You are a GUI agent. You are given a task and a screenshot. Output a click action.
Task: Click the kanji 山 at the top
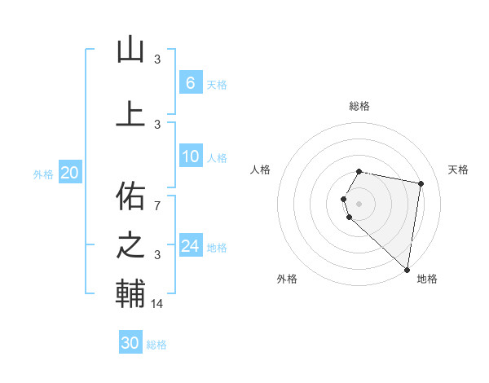pyautogui.click(x=130, y=51)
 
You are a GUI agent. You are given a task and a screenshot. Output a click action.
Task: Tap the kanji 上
pyautogui.click(x=130, y=113)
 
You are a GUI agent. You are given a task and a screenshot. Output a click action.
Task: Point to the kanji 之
pyautogui.click(x=130, y=246)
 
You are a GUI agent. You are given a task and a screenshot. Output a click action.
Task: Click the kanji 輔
pyautogui.click(x=130, y=295)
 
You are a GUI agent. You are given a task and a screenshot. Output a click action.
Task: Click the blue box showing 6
pyautogui.click(x=190, y=82)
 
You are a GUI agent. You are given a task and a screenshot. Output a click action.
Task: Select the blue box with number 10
pyautogui.click(x=190, y=156)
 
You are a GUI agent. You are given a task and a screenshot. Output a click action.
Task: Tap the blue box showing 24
pyautogui.click(x=190, y=246)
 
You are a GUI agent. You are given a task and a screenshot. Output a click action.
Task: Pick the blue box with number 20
pyautogui.click(x=69, y=172)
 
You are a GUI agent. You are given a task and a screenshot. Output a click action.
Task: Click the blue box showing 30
pyautogui.click(x=130, y=343)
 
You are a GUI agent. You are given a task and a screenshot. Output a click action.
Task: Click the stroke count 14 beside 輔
pyautogui.click(x=159, y=304)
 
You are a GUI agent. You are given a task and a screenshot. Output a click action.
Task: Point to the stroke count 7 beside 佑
pyautogui.click(x=157, y=205)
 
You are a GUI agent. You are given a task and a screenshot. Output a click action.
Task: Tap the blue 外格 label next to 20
pyautogui.click(x=43, y=174)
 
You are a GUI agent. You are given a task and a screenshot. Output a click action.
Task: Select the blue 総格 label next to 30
pyautogui.click(x=156, y=345)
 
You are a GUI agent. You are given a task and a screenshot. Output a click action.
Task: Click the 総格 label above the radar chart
pyautogui.click(x=359, y=106)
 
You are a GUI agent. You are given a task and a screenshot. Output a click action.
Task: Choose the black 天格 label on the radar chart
pyautogui.click(x=458, y=169)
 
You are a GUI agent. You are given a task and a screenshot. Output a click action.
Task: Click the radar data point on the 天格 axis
pyautogui.click(x=421, y=184)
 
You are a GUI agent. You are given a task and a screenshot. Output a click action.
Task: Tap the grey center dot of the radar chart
pyautogui.click(x=359, y=202)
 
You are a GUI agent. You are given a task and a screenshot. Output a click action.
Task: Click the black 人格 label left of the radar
pyautogui.click(x=260, y=169)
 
